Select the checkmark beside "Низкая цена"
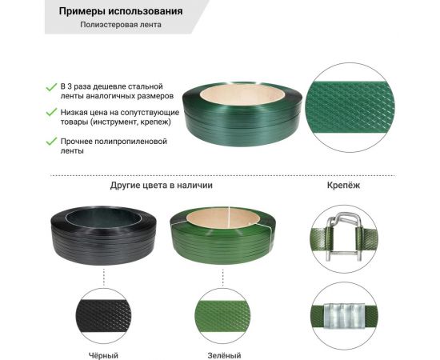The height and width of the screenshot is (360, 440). [x=51, y=113]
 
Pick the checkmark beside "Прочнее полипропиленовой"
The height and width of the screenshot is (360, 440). [x=51, y=141]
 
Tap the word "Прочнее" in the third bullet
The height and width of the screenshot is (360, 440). [x=79, y=141]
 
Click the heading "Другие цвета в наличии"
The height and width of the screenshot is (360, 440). [x=161, y=185]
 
